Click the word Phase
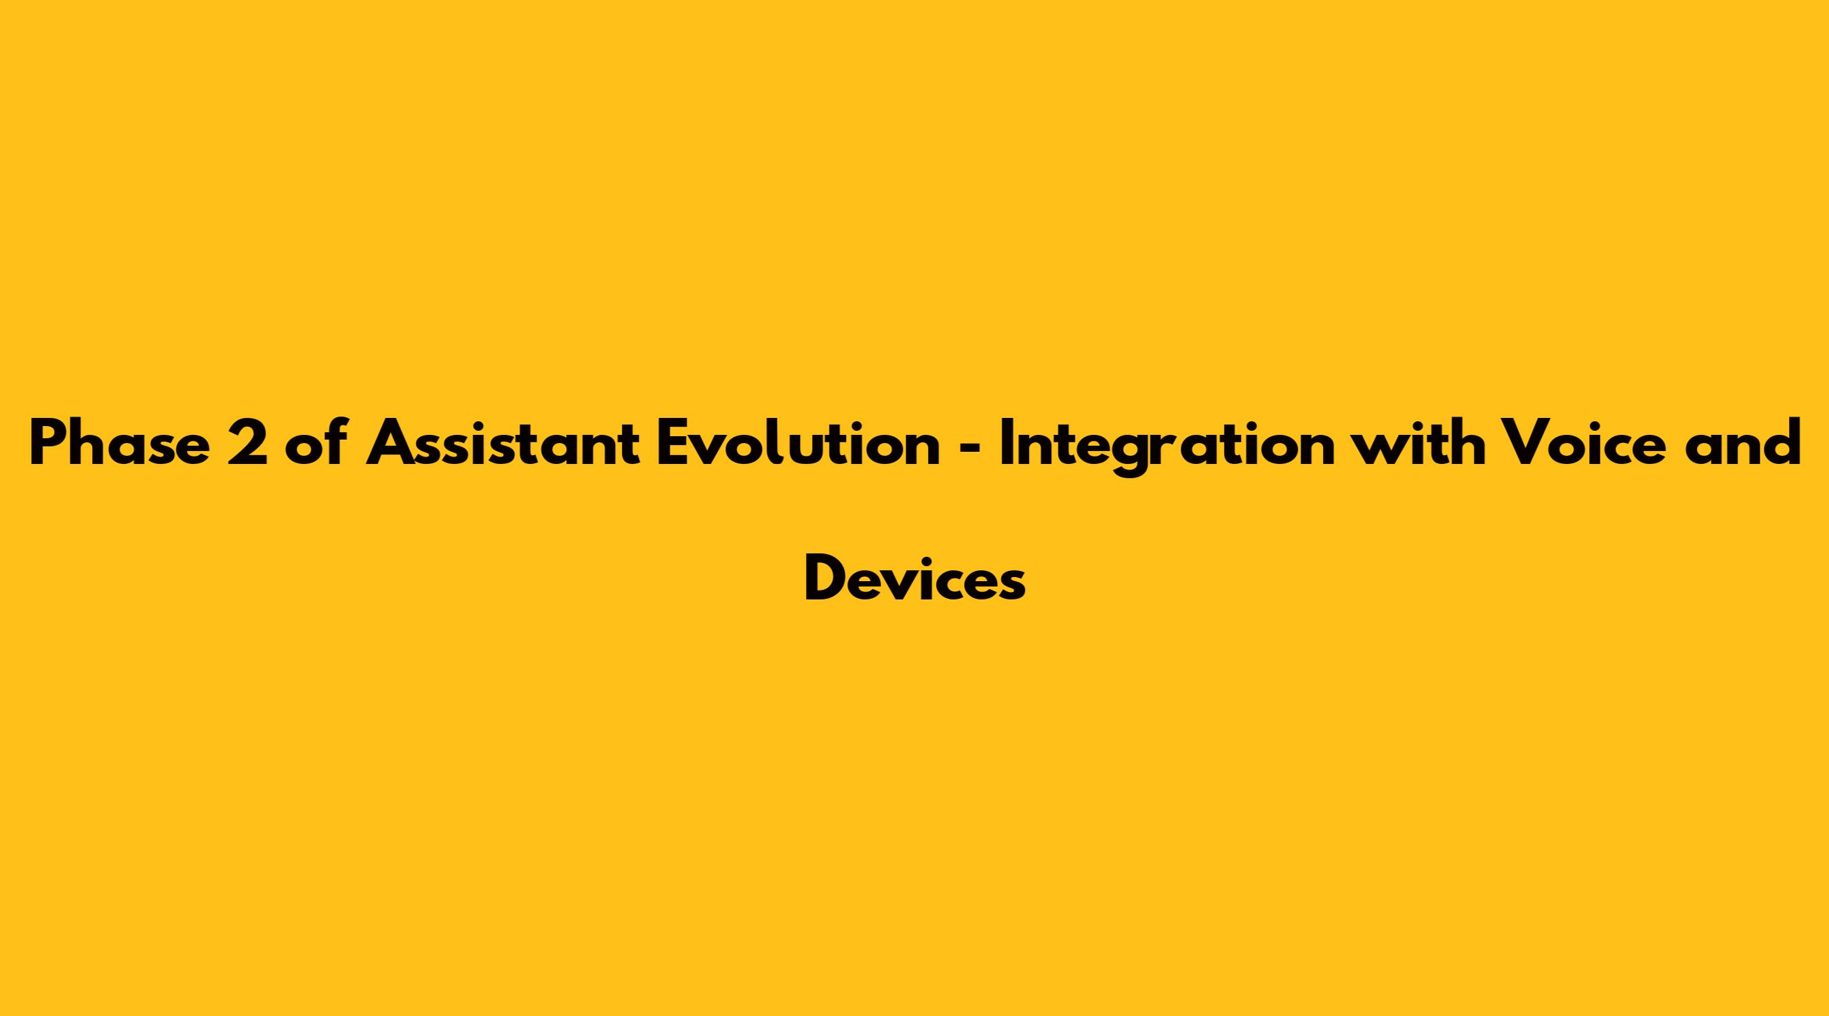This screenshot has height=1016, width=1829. (x=120, y=443)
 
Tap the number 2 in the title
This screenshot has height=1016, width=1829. (x=248, y=443)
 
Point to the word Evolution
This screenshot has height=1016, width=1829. (x=798, y=443)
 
